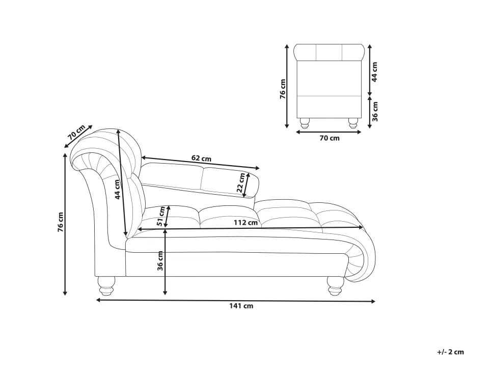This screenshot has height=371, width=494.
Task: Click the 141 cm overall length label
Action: coord(241,306)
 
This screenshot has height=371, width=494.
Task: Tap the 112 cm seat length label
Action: coord(246,223)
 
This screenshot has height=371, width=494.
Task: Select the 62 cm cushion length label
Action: coord(201,158)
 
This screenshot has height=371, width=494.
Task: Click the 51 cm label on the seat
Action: coord(161,216)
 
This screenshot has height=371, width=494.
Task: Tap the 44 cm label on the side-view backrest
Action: coord(118,189)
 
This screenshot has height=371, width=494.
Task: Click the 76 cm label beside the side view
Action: coord(61,222)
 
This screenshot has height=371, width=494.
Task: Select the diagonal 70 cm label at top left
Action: coord(76,132)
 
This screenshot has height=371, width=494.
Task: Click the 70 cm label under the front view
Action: coord(330,138)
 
